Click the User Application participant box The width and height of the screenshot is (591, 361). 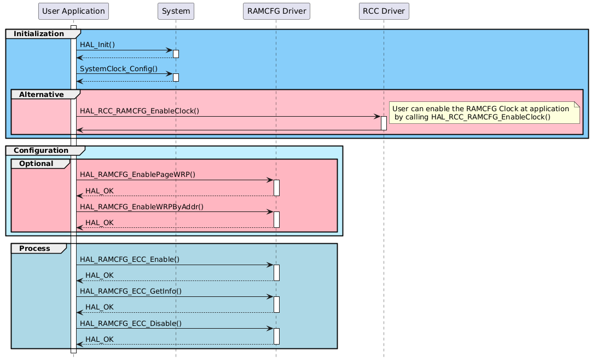point(73,11)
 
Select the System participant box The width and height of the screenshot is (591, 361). point(176,11)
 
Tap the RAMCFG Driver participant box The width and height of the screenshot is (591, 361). point(276,11)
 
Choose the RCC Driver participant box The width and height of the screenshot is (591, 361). point(384,11)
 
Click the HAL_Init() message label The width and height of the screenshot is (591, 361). point(97,44)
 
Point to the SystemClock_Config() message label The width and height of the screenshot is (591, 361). point(118,69)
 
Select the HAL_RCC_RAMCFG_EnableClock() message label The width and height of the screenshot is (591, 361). point(139,111)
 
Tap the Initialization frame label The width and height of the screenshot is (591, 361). point(38,34)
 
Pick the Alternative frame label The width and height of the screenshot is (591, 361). point(41,95)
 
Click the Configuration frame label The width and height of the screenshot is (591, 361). point(41,150)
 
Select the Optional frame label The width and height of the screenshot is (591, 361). point(36,164)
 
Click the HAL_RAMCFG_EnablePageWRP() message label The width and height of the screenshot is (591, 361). point(137,174)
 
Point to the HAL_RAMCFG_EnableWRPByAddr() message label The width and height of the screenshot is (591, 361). point(141,206)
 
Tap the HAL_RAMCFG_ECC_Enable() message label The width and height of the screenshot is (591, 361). point(129,259)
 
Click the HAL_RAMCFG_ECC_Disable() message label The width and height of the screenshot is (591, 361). point(131,323)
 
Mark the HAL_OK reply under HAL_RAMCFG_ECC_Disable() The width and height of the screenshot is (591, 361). point(100,339)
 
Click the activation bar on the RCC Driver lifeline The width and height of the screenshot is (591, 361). point(384,123)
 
